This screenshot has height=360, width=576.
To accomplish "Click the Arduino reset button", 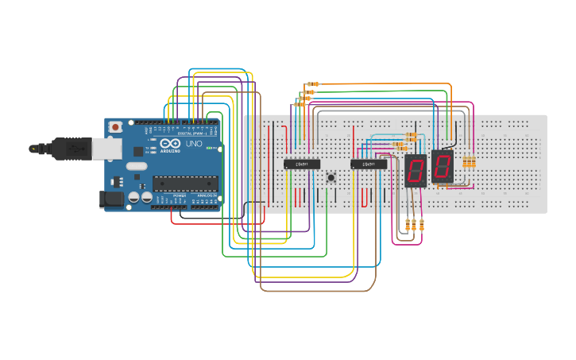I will tap(116, 126).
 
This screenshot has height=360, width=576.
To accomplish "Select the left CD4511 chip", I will tap(301, 164).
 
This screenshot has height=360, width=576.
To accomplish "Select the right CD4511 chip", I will tap(369, 164).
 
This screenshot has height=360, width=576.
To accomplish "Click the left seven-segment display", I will tap(416, 171).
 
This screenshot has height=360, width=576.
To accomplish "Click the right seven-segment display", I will tap(443, 166).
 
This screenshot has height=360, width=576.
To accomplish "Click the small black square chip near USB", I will tap(137, 150).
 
